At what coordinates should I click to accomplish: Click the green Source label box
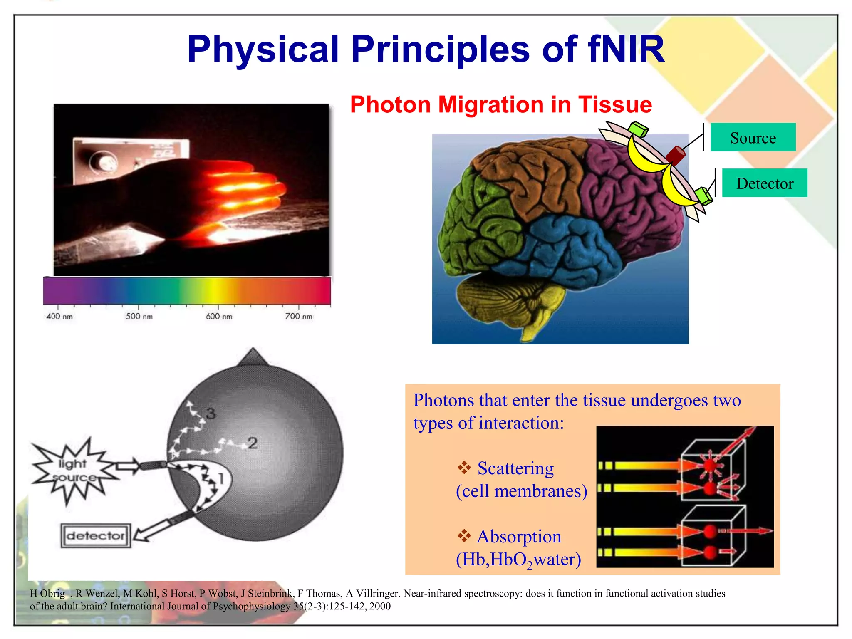coord(753,137)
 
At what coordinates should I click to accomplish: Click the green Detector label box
coord(764,183)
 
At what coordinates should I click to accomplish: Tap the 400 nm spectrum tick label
coord(59,316)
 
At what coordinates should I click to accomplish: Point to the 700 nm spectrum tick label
coord(298,316)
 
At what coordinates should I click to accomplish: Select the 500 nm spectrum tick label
coord(139,316)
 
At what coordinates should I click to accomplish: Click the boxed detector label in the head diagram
coord(96,535)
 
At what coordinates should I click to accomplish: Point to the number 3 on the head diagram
coord(211,414)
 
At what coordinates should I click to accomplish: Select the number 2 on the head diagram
coord(252,443)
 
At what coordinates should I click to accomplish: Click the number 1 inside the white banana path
coord(221,478)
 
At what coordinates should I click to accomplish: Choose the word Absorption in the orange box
coord(519,537)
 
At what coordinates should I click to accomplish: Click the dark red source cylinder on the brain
coord(675,155)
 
